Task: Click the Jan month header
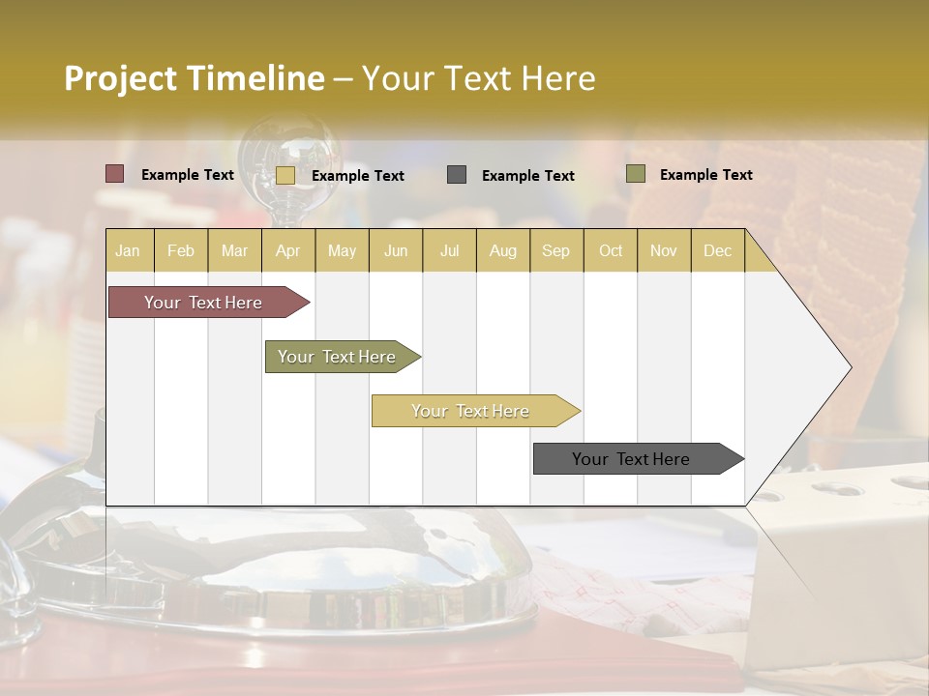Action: [x=128, y=250]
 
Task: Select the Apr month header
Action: [x=287, y=250]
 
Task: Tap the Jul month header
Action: [x=449, y=250]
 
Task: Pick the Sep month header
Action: [x=555, y=250]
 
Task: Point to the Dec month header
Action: [x=717, y=250]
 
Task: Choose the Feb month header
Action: [x=181, y=250]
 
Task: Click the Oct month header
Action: [x=611, y=250]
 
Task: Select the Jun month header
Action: [x=396, y=250]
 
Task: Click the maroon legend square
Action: [x=115, y=174]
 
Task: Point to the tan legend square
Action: [x=285, y=175]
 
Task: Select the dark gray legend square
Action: [x=457, y=175]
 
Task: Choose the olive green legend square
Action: [x=636, y=174]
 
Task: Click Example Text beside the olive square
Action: [x=705, y=175]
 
